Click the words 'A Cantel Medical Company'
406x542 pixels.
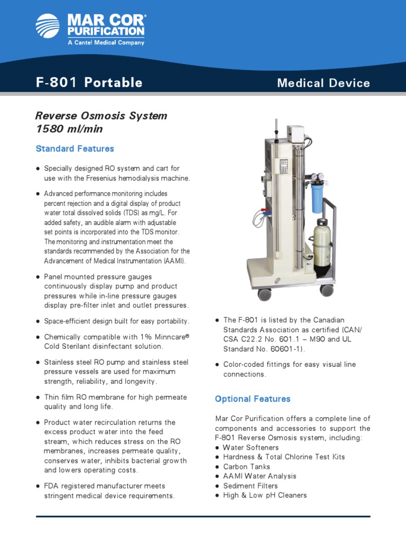(106, 42)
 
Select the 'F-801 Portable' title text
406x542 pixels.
(89, 83)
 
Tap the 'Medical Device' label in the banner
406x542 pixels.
(324, 83)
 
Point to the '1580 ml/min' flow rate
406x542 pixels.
(69, 129)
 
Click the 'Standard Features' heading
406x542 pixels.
(75, 149)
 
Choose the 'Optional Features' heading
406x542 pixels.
(253, 399)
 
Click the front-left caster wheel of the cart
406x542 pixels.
(264, 294)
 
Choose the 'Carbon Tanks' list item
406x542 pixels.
(246, 467)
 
